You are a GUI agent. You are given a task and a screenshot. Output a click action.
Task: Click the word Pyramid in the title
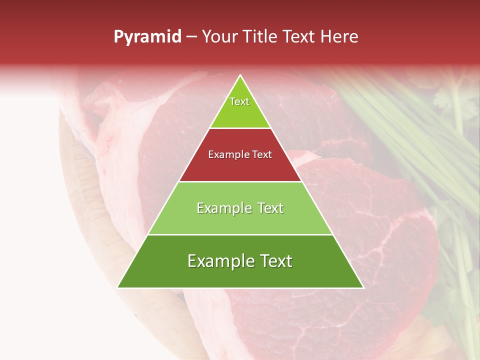coord(147,37)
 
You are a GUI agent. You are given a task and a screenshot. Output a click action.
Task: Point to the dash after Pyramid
coord(192,37)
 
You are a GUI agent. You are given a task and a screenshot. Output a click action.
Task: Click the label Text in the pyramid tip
coord(239,101)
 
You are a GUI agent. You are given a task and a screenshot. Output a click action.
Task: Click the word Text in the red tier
coord(262,155)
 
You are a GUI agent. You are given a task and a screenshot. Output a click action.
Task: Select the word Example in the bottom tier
coord(219,261)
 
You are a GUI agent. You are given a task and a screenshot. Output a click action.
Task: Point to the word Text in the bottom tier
coord(274,261)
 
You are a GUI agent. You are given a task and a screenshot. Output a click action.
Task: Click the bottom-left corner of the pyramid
coord(118,287)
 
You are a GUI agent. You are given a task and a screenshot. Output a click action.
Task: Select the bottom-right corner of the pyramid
coord(362,287)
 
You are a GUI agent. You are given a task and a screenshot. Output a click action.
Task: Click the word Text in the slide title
coord(300,37)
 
